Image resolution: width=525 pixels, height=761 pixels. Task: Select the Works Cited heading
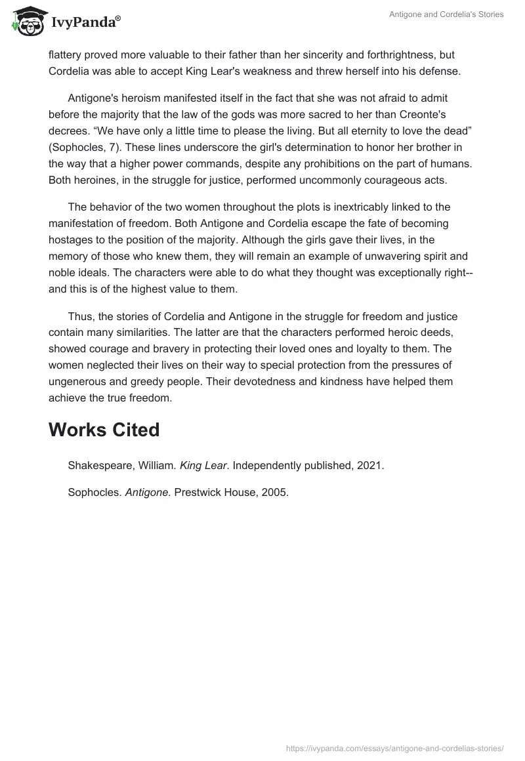(104, 430)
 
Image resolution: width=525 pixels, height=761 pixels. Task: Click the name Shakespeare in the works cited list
(99, 466)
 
